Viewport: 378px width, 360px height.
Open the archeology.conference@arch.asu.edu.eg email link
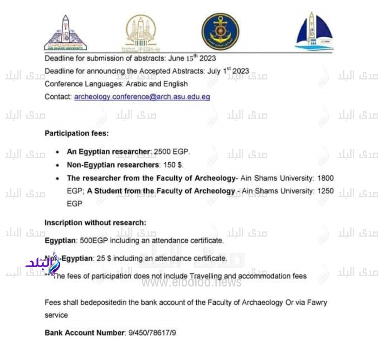142,97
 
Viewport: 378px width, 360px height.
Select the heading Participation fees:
72,133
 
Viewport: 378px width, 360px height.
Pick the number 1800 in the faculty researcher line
325,178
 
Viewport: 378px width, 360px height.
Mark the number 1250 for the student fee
325,191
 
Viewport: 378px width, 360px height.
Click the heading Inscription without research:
95,223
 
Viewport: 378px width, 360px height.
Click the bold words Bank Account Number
84,333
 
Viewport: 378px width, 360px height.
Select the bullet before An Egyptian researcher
57,153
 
